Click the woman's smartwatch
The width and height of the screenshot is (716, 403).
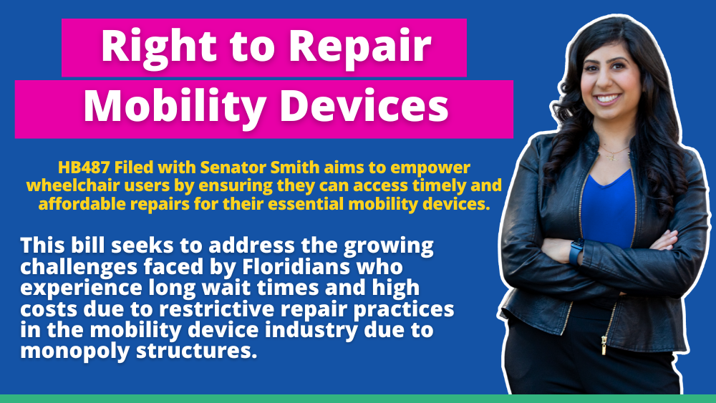tap(577, 251)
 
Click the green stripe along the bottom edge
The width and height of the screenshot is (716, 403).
tap(358, 399)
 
